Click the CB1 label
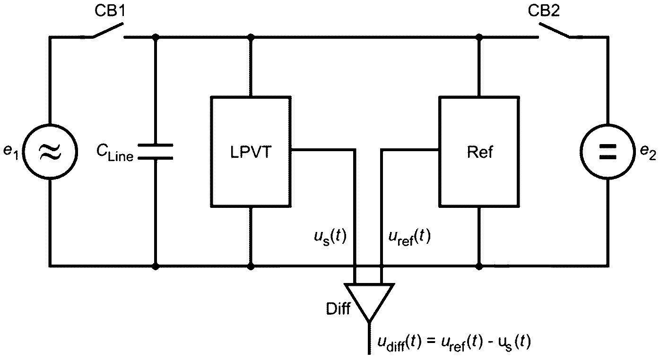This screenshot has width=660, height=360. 110,11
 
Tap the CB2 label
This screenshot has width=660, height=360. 544,11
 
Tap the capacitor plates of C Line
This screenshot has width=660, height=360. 156,152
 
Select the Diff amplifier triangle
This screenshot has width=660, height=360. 369,302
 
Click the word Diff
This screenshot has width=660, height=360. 338,309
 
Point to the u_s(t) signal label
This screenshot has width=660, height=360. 330,237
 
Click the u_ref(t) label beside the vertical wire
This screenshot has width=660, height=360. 409,237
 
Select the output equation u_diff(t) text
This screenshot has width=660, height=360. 454,343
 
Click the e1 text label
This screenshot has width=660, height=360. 11,152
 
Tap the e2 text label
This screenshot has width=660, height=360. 648,152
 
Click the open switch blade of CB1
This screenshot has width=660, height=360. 108,30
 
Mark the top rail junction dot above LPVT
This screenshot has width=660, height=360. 251,37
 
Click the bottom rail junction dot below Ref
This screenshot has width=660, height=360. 479,266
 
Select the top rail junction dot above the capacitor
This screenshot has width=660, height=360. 156,37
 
